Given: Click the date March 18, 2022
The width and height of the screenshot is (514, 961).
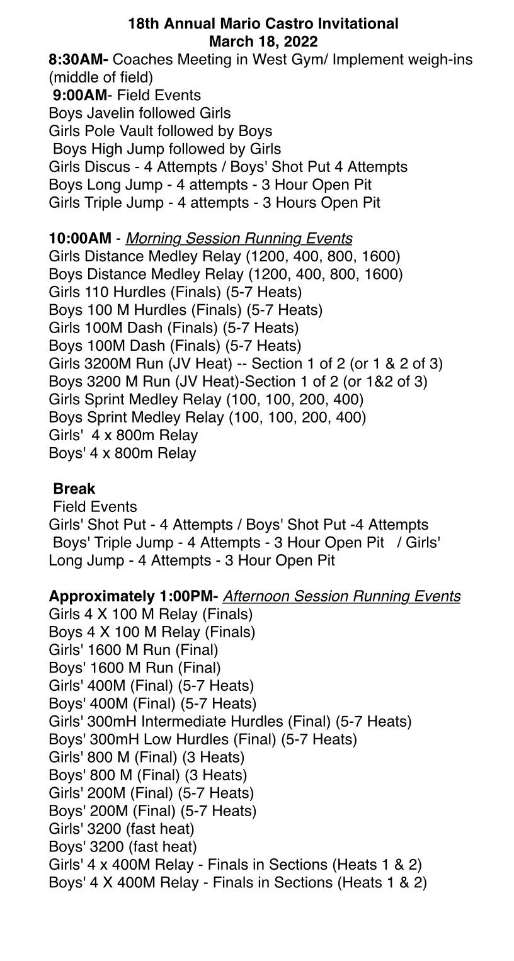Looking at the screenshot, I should [263, 42].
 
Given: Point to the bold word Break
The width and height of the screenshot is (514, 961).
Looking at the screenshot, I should [74, 489].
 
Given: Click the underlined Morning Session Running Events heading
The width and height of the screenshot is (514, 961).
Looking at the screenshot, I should [239, 239].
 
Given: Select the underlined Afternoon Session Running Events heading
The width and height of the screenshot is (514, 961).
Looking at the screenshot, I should [341, 596].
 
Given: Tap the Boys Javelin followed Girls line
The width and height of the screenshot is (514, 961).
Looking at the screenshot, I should [140, 113].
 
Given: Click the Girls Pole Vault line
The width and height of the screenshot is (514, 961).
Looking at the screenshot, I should [160, 131].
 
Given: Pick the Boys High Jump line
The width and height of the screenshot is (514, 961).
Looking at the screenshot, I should [167, 149].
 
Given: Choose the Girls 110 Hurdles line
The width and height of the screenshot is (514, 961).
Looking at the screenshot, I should [175, 292].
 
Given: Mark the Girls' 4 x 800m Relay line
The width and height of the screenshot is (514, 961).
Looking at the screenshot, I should [123, 435].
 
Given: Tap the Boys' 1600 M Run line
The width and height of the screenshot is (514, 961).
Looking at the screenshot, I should [135, 668].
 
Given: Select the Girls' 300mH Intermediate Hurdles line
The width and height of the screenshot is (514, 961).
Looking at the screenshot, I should [230, 721].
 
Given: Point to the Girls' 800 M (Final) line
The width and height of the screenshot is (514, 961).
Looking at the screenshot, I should [146, 757].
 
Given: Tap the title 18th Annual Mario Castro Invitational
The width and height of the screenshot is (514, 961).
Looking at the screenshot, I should [263, 24].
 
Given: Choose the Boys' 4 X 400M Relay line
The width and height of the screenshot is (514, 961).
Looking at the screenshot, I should [237, 883].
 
